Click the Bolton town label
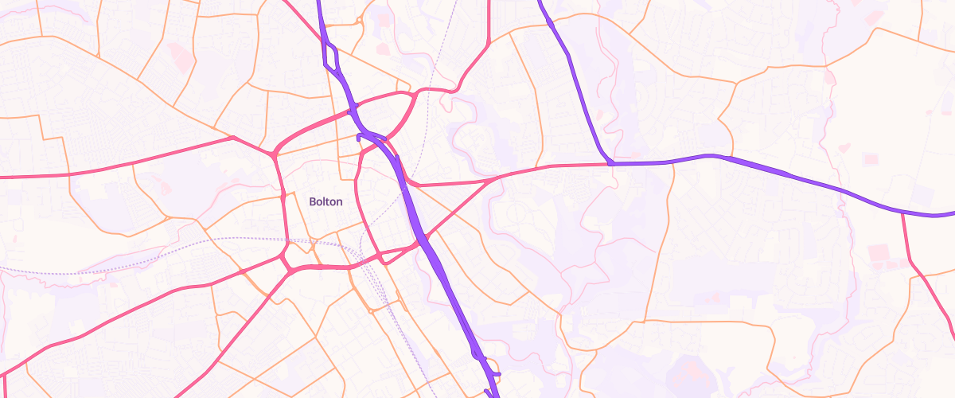pyautogui.click(x=325, y=201)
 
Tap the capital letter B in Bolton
pyautogui.click(x=312, y=201)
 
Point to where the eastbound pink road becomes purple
pyautogui.click(x=611, y=163)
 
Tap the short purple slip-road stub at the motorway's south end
pyautogui.click(x=495, y=373)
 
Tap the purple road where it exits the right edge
pyautogui.click(x=951, y=214)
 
